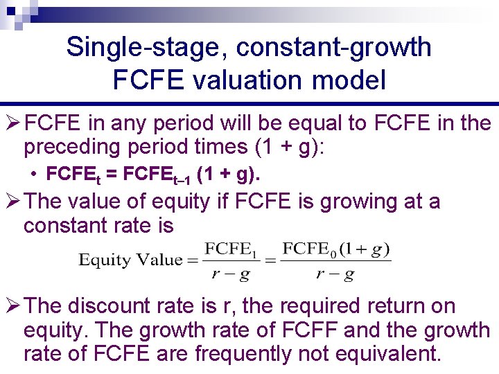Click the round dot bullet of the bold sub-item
point(33,176)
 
